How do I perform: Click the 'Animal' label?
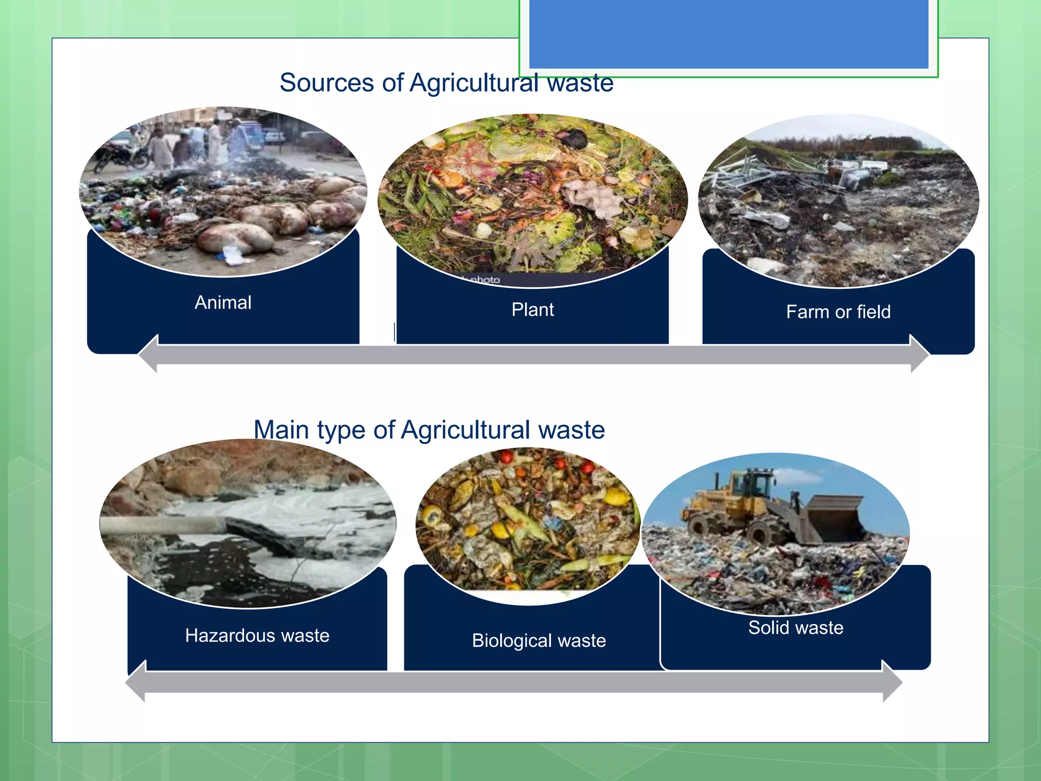coord(223,303)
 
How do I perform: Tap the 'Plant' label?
coord(532,310)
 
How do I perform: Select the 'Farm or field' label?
coord(838,312)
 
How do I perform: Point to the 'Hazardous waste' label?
coord(257,636)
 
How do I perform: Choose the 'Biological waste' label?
coord(539,641)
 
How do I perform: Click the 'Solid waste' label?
coord(795,627)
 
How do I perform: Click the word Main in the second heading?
coord(281,430)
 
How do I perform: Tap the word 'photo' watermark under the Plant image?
coord(485,280)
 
